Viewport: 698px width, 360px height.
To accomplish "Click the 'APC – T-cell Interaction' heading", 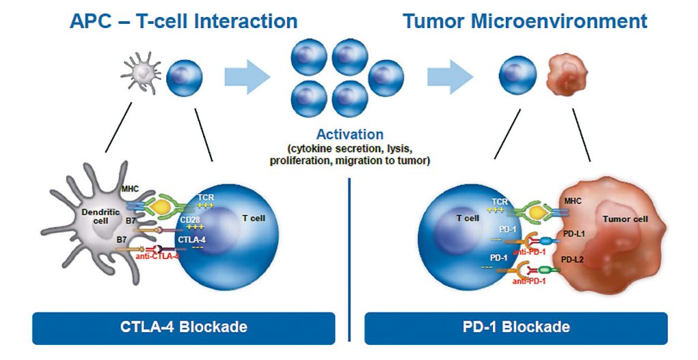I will click(x=183, y=20).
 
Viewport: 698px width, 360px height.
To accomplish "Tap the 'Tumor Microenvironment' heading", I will click(x=525, y=20).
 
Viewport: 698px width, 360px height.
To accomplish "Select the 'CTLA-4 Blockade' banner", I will click(x=183, y=327).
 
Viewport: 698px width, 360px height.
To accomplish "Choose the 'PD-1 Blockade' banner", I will click(x=516, y=327).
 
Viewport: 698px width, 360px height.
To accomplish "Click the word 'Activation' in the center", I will click(x=350, y=134).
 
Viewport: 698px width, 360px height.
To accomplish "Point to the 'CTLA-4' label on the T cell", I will click(x=195, y=239).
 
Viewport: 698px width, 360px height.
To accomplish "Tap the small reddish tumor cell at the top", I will click(x=566, y=76).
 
